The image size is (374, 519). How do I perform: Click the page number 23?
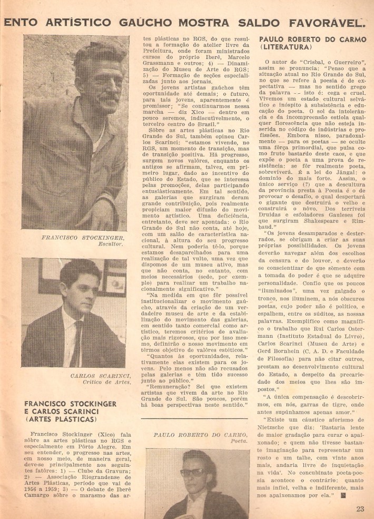360,508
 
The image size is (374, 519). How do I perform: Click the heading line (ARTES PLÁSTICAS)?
61,419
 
